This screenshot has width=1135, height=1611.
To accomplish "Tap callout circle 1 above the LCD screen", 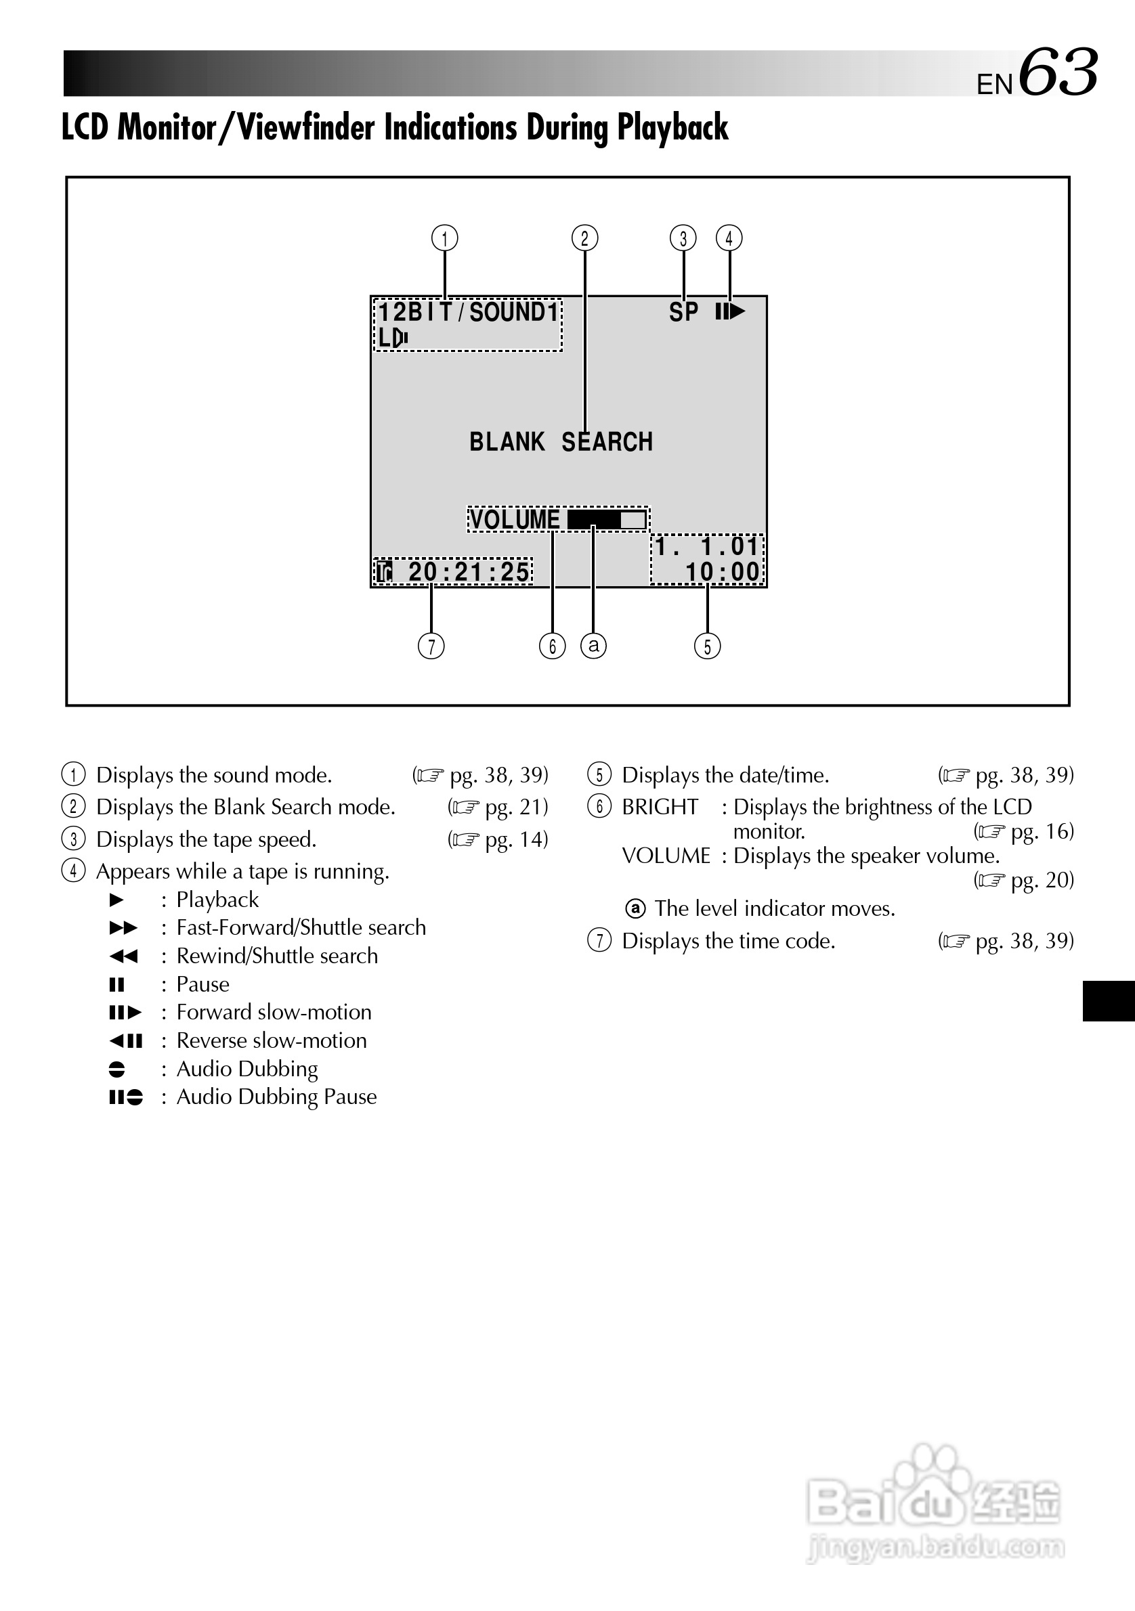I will (x=444, y=238).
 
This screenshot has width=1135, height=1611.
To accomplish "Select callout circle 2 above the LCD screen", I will (x=584, y=238).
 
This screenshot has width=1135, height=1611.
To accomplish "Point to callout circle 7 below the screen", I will (x=431, y=646).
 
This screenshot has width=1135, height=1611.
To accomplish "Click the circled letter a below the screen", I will (x=594, y=645).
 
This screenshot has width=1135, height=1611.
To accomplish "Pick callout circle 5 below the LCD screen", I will (x=708, y=646).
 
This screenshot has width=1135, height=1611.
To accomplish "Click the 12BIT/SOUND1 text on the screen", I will (x=468, y=312).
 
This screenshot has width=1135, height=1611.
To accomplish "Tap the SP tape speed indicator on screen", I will (x=684, y=312).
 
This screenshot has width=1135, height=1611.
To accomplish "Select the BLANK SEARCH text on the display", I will (x=561, y=442).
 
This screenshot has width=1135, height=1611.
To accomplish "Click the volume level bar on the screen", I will (x=607, y=520).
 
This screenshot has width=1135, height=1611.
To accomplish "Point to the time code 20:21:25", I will (x=468, y=572).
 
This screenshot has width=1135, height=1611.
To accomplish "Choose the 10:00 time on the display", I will (x=723, y=572).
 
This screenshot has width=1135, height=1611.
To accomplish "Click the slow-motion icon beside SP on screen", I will (x=730, y=311).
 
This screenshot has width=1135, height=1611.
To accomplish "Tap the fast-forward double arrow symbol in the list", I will (x=124, y=927).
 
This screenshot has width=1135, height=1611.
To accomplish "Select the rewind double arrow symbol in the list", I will (x=124, y=956).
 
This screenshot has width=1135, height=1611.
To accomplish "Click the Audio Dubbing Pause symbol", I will (x=127, y=1097).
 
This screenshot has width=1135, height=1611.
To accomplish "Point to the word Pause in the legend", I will (x=203, y=984).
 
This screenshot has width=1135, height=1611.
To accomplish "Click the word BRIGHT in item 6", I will (x=660, y=807).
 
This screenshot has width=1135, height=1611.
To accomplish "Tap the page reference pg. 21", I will (x=515, y=807).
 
